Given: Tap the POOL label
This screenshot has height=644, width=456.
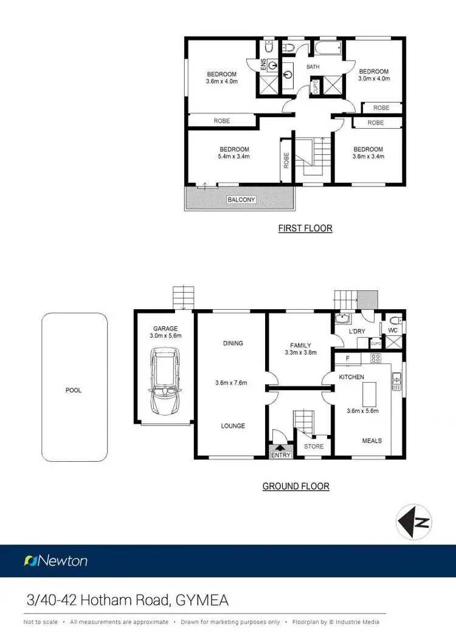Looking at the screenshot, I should click(73, 391).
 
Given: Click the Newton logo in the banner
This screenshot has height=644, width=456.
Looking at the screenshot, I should click(56, 561).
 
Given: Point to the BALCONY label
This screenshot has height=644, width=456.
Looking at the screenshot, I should click(241, 199).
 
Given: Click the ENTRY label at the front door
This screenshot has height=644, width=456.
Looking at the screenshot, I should click(281, 455).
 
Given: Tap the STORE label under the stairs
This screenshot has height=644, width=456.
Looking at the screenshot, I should click(314, 447).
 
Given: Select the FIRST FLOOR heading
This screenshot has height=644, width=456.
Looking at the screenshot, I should click(305, 229).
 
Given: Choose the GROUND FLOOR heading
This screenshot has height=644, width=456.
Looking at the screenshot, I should click(295, 486).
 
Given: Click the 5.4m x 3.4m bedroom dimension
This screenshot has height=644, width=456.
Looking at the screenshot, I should click(234, 157).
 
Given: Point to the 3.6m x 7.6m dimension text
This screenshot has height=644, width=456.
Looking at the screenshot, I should click(233, 383).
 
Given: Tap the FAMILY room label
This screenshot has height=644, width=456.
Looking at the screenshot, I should click(300, 345).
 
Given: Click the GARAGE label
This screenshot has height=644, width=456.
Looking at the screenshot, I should click(165, 329).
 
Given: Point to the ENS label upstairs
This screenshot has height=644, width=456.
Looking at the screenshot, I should click(263, 66).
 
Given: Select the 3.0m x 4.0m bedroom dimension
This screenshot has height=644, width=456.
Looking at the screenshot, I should click(373, 78).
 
